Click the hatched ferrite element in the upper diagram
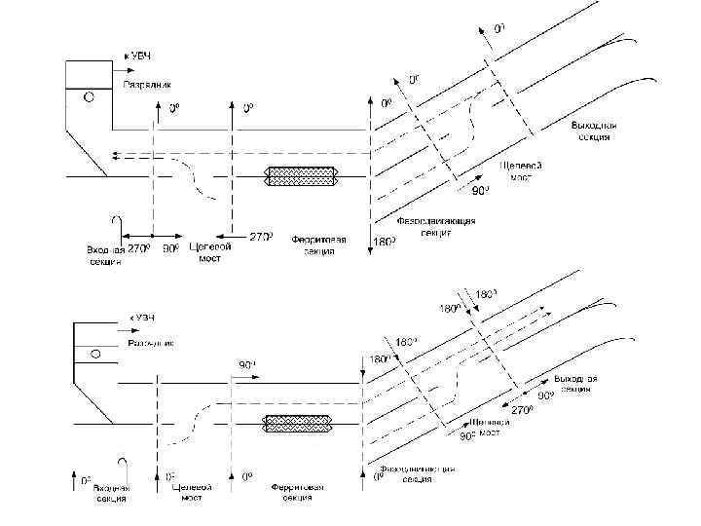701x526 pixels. coord(302,177)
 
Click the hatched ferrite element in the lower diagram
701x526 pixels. coord(301,424)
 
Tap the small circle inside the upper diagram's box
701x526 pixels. coord(90,97)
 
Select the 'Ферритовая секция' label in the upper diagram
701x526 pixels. coord(313,244)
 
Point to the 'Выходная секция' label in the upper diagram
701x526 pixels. coord(591,131)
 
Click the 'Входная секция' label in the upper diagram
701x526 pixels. coord(104,255)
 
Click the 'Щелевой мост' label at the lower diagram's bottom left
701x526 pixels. coord(191,491)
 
